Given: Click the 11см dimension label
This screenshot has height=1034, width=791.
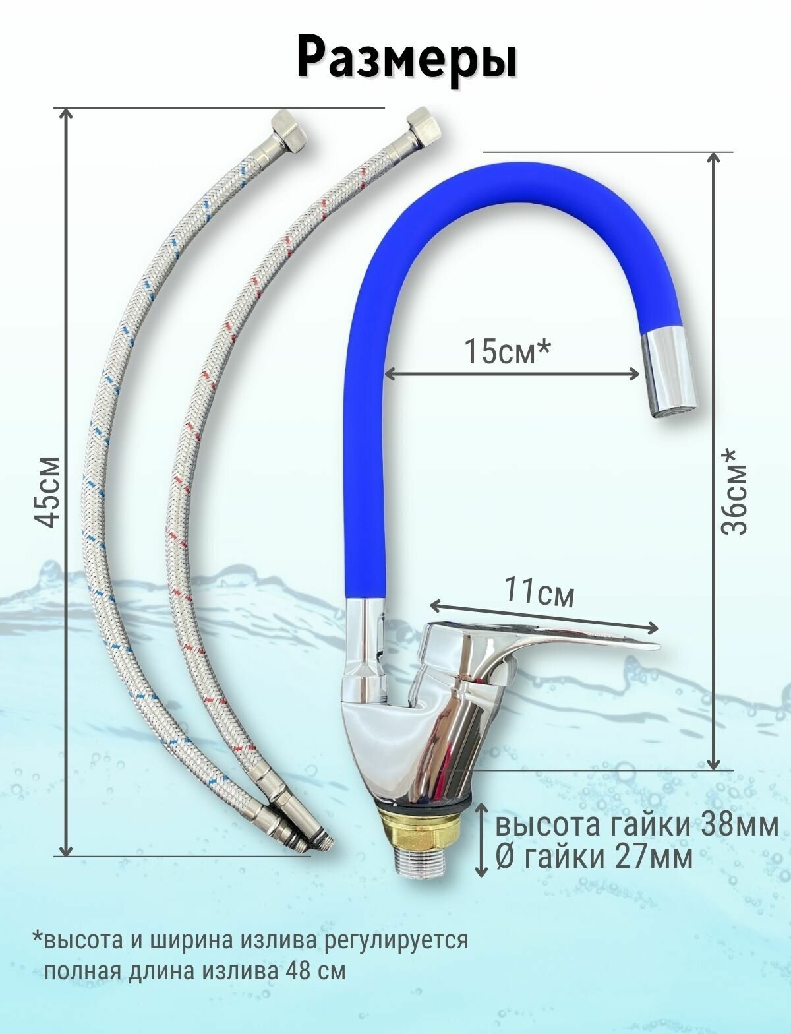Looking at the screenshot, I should click(540, 592).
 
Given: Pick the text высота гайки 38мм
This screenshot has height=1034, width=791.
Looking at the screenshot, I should click(637, 826).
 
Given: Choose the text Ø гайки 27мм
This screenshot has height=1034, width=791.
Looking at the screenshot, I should click(594, 857).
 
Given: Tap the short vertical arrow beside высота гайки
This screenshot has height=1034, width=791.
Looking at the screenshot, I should click(482, 840).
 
